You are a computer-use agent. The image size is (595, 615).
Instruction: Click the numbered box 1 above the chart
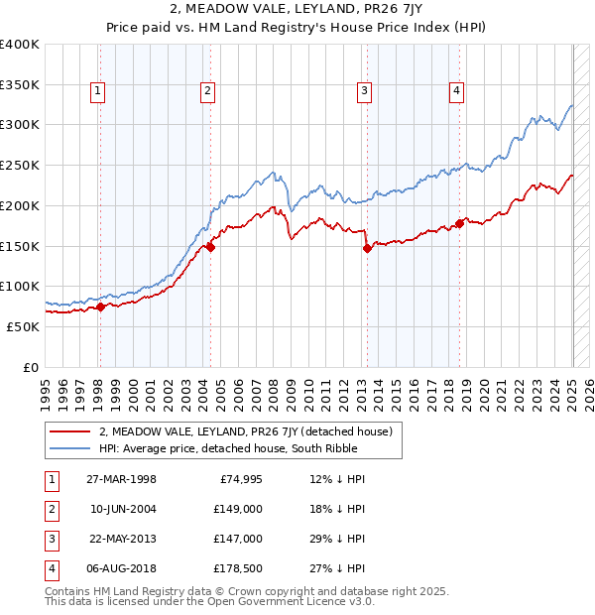(x=99, y=92)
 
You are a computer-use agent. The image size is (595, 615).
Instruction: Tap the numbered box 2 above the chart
(x=208, y=92)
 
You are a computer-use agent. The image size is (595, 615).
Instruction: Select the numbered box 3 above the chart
(x=365, y=92)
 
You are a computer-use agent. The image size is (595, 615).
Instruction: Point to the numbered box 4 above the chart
(x=456, y=92)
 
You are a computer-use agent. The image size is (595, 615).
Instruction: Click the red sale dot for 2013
(x=367, y=249)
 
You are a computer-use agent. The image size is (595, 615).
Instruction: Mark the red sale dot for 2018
(x=459, y=223)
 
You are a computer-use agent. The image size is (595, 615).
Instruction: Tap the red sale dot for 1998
(x=100, y=307)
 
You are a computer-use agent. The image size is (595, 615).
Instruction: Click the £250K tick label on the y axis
(x=21, y=165)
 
